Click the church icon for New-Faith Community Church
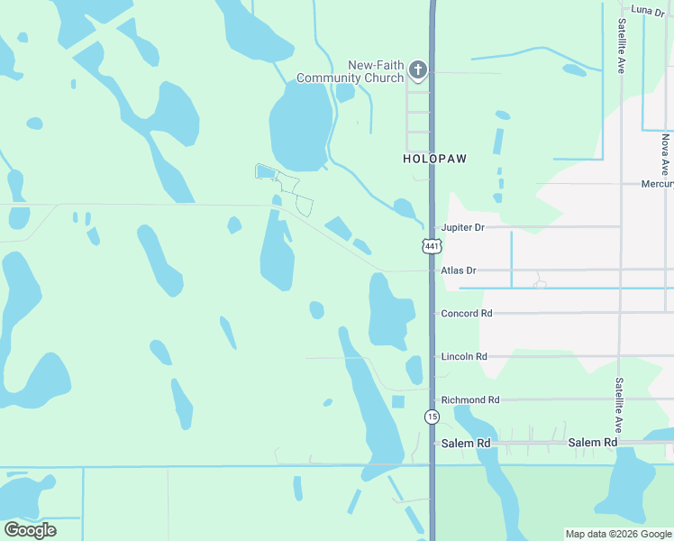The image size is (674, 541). pyautogui.click(x=417, y=69)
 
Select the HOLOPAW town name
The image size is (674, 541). pyautogui.click(x=434, y=158)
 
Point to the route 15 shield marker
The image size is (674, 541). pyautogui.click(x=432, y=416)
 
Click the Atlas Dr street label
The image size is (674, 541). pyautogui.click(x=458, y=270)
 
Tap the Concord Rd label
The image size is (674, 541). pyautogui.click(x=467, y=314)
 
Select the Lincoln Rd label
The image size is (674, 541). pyautogui.click(x=464, y=357)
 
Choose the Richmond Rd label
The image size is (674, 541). pyautogui.click(x=469, y=399)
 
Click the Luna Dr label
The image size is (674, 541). pyautogui.click(x=647, y=10)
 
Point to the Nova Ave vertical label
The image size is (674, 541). pyautogui.click(x=665, y=154)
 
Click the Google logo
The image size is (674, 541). pyautogui.click(x=30, y=529)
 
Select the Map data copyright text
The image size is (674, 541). pyautogui.click(x=618, y=534)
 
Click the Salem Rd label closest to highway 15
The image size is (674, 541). pyautogui.click(x=466, y=444)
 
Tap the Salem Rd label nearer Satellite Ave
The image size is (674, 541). pyautogui.click(x=592, y=443)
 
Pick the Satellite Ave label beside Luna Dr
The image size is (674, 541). pyautogui.click(x=621, y=45)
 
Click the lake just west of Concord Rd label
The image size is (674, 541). pyautogui.click(x=390, y=313)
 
